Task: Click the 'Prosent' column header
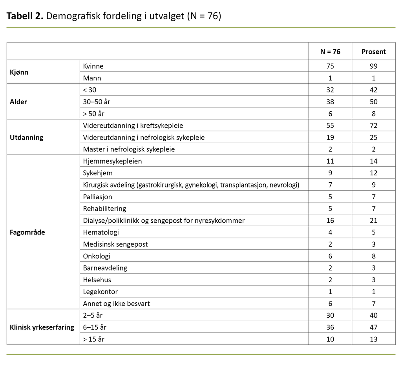pyautogui.click(x=373, y=52)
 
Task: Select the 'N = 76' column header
pyautogui.click(x=330, y=52)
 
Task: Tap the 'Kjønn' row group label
pyautogui.click(x=19, y=72)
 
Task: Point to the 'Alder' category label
pyautogui.click(x=18, y=102)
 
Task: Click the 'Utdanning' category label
pyautogui.click(x=26, y=137)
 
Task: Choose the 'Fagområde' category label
pyautogui.click(x=27, y=232)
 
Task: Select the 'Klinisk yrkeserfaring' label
pyautogui.click(x=42, y=327)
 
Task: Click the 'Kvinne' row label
pyautogui.click(x=93, y=66)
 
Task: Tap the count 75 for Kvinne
pyautogui.click(x=330, y=66)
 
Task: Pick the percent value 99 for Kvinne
pyautogui.click(x=373, y=66)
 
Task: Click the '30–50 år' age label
pyautogui.click(x=97, y=102)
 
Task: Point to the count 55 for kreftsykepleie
pyautogui.click(x=330, y=125)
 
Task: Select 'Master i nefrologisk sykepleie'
pyautogui.click(x=129, y=149)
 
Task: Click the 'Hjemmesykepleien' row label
pyautogui.click(x=112, y=161)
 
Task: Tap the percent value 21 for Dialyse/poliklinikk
pyautogui.click(x=373, y=220)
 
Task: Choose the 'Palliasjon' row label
pyautogui.click(x=97, y=196)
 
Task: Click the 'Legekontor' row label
pyautogui.click(x=100, y=291)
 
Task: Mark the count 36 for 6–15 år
pyautogui.click(x=330, y=327)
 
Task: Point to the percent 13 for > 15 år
pyautogui.click(x=373, y=339)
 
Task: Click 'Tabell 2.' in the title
pyautogui.click(x=25, y=16)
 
